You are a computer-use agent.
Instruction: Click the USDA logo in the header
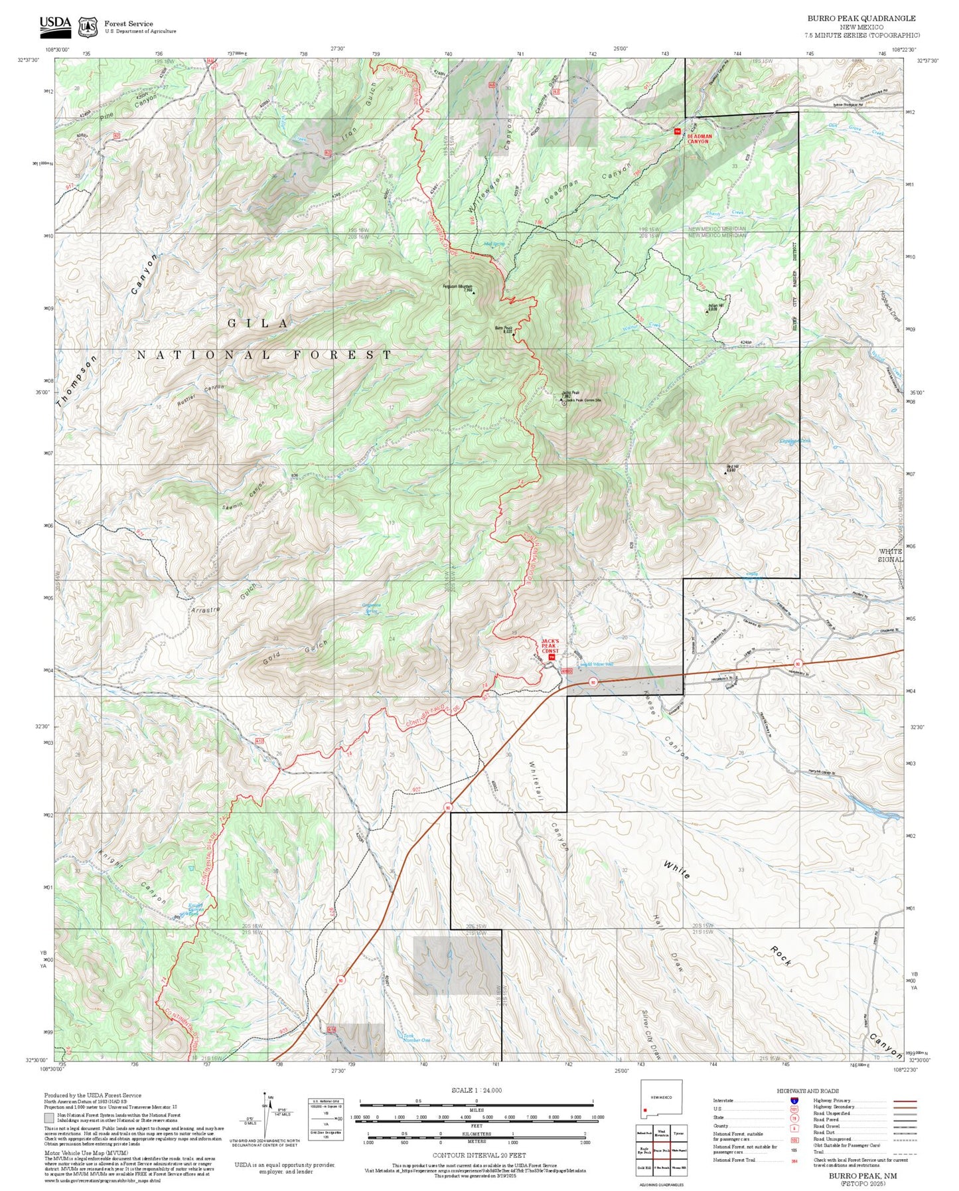click(x=55, y=25)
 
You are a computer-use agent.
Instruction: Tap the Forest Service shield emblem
click(x=88, y=27)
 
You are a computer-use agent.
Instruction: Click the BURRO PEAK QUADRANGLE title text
click(x=861, y=19)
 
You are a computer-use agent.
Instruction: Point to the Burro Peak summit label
click(x=504, y=329)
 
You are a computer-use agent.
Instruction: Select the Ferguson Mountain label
click(x=457, y=287)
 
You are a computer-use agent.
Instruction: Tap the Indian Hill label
click(x=711, y=307)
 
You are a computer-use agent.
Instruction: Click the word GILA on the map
click(x=258, y=323)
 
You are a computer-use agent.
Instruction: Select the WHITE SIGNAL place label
click(x=891, y=555)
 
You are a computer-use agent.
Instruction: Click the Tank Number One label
click(x=417, y=1037)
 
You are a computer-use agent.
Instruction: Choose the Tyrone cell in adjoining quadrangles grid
click(x=678, y=1133)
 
